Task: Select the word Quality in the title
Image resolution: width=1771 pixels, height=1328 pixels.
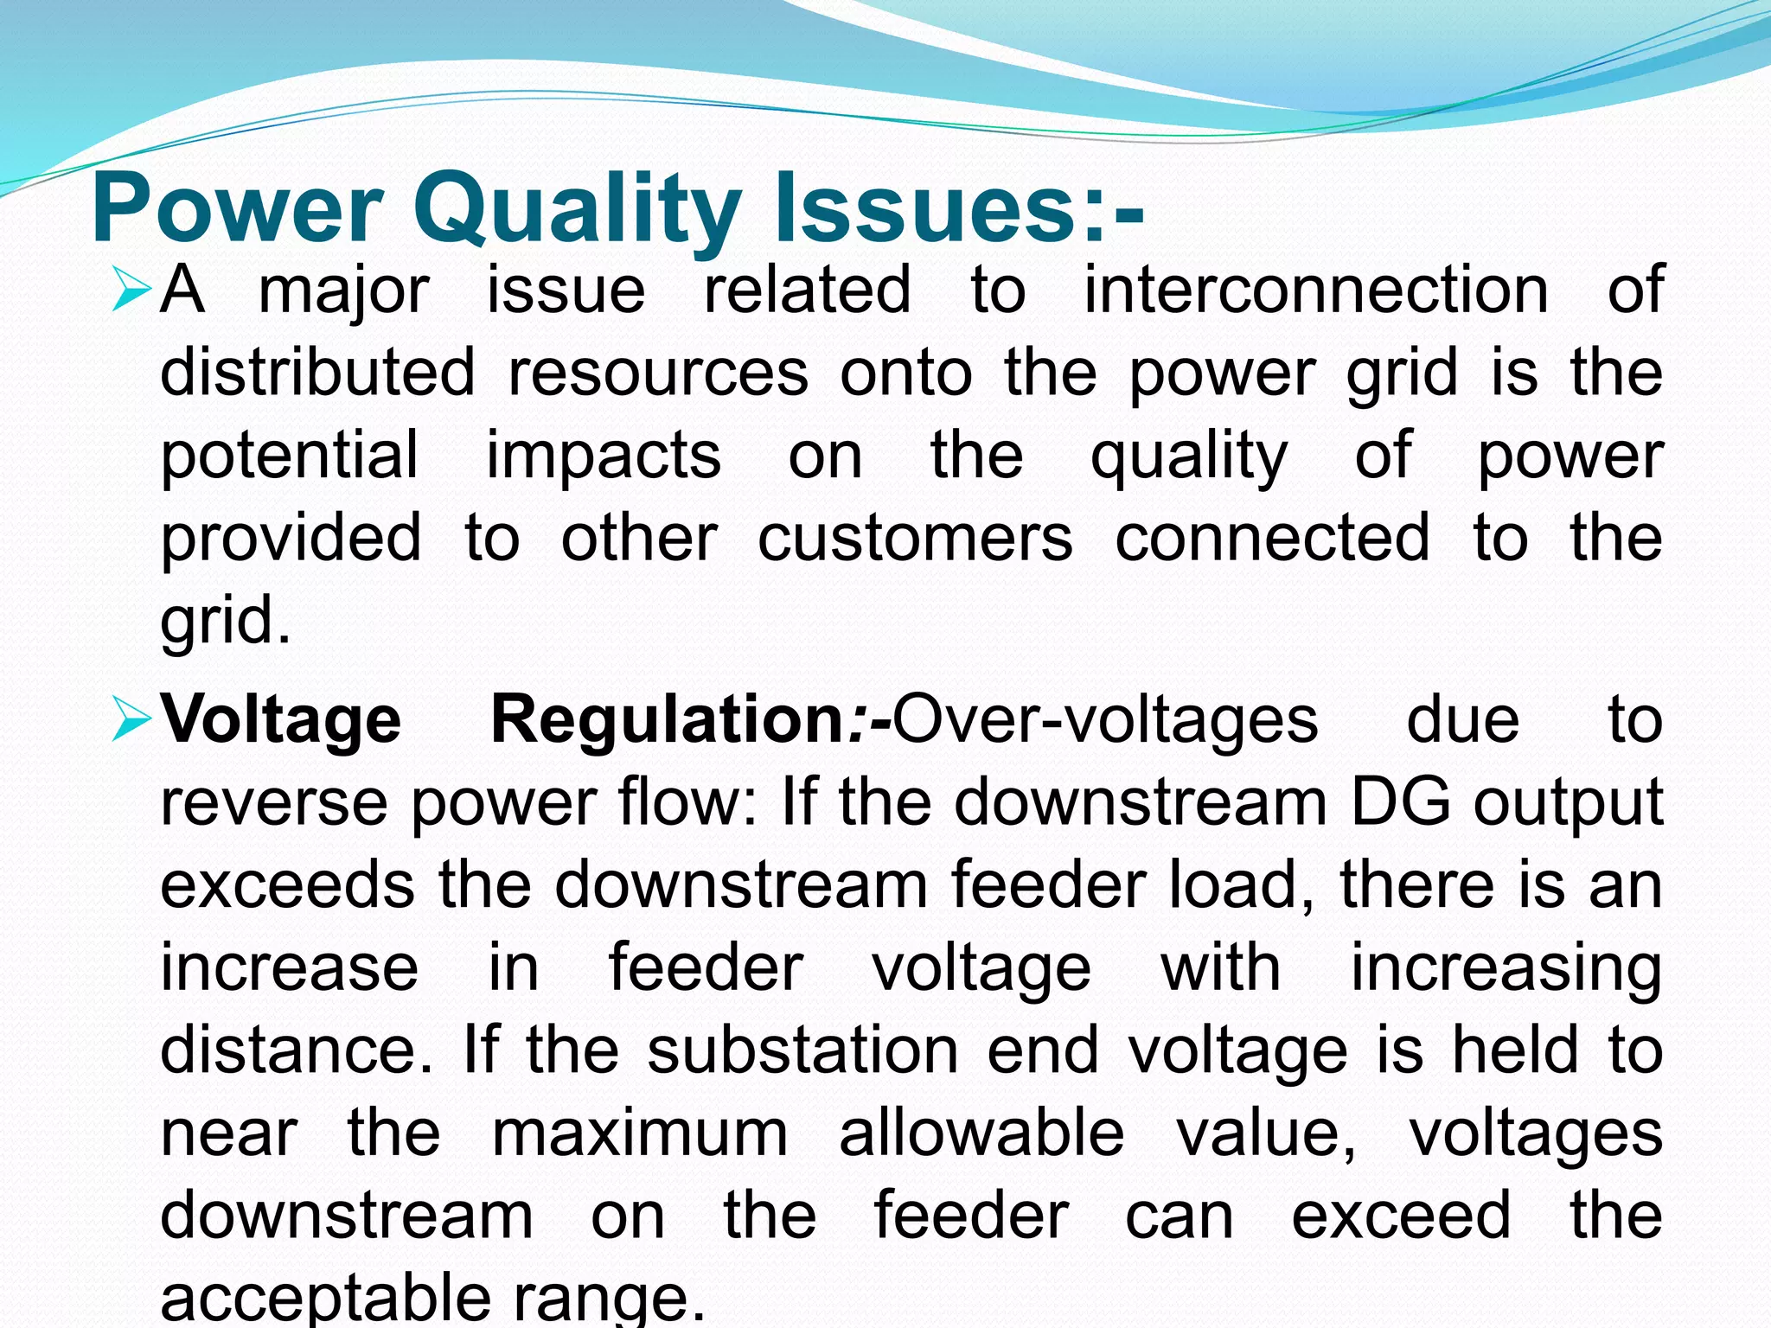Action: tap(577, 208)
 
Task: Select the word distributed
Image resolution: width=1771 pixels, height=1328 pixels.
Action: tap(317, 372)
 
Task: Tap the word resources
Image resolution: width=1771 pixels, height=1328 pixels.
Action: tap(658, 372)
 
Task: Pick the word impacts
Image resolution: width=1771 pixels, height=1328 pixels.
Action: tap(603, 455)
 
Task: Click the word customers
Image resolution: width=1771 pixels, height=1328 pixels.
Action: tap(915, 538)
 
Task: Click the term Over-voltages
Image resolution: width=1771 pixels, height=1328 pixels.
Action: tap(1104, 719)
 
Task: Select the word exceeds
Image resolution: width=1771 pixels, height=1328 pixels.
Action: tap(287, 885)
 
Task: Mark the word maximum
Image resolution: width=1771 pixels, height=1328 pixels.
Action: tap(639, 1133)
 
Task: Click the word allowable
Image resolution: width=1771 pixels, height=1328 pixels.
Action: tap(981, 1133)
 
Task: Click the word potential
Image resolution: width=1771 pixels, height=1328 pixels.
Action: tap(290, 455)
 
